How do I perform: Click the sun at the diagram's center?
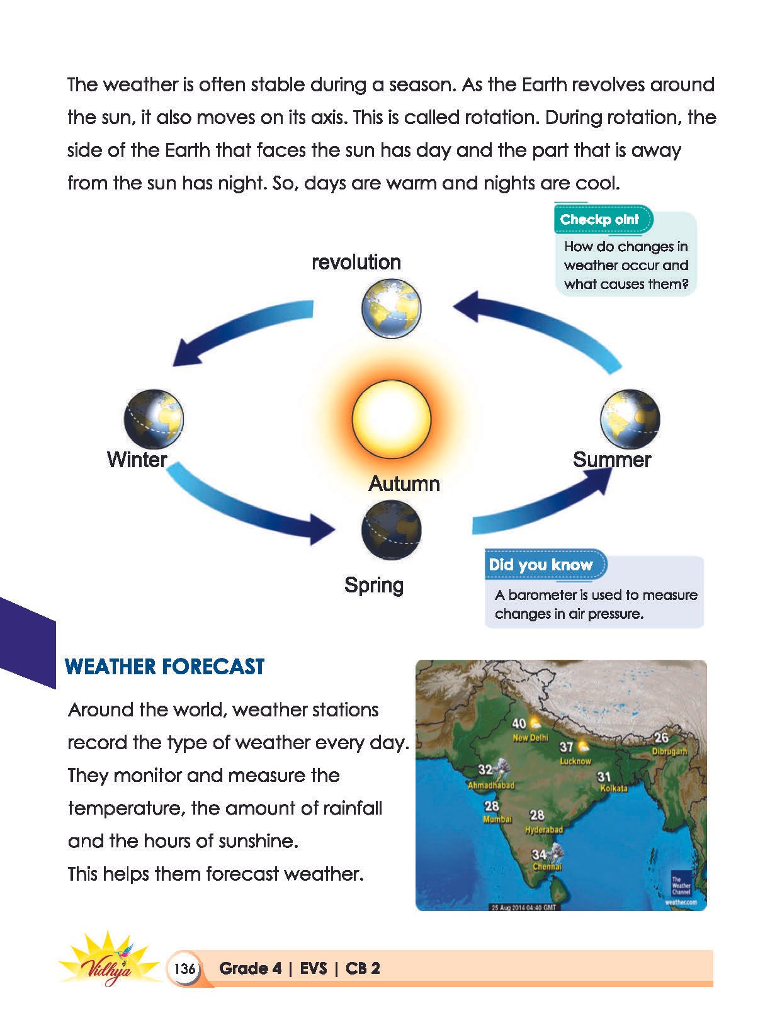(391, 419)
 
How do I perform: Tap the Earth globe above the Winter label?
(154, 419)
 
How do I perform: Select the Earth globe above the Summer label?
(630, 419)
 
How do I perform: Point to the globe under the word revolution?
(392, 308)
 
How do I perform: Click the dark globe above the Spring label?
(392, 529)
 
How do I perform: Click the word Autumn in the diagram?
(404, 483)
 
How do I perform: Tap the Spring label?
(374, 585)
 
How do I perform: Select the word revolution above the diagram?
(356, 263)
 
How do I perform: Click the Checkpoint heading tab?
(603, 219)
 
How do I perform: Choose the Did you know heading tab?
(546, 565)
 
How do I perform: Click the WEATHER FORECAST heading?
(164, 667)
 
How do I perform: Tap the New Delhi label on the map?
(531, 737)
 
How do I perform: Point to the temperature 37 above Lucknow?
(566, 747)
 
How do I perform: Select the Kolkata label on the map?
(614, 788)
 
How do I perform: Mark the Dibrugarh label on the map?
(670, 751)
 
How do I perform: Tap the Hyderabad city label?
(544, 830)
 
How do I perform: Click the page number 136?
(184, 968)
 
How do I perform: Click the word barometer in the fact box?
(542, 595)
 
